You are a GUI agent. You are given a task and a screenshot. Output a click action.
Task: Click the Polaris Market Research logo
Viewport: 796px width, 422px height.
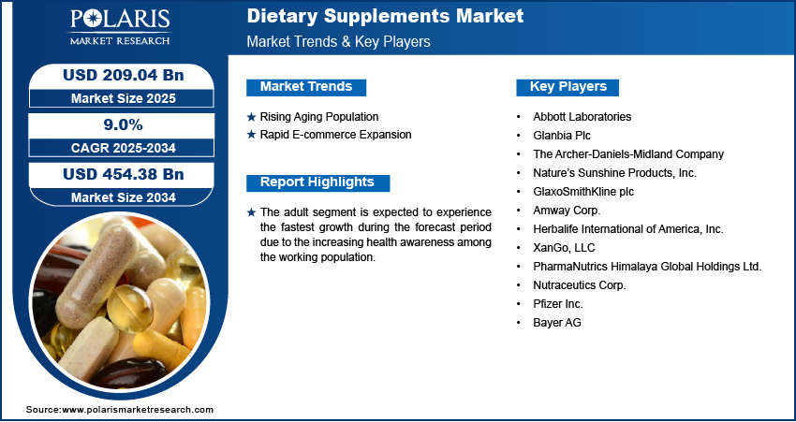coord(120,26)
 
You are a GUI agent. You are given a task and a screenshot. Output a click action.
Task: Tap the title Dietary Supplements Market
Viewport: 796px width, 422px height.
coord(385,16)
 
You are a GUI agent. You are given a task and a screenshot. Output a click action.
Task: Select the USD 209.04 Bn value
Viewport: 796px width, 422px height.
coord(123,75)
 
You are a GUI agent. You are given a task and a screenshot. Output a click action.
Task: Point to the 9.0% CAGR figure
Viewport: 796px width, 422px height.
coord(123,124)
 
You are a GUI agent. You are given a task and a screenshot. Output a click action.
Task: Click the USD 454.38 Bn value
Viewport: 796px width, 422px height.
coord(123,174)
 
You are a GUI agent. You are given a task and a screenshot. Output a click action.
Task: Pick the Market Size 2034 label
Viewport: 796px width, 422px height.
coord(124,197)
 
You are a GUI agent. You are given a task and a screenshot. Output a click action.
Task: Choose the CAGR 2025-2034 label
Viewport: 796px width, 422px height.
coord(124,148)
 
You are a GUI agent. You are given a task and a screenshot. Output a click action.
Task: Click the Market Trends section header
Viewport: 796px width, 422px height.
coord(306,87)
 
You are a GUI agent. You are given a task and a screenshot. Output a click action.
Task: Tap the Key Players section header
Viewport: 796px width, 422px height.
coord(568,87)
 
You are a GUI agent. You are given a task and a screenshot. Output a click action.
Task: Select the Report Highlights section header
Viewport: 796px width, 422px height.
coord(317,182)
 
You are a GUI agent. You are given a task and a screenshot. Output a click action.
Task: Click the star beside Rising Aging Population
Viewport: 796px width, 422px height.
coord(251,117)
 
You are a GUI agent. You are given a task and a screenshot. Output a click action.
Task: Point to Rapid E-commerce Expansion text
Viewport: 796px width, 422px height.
coord(335,135)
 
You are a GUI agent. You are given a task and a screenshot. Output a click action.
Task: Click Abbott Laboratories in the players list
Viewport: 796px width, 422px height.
coord(582,117)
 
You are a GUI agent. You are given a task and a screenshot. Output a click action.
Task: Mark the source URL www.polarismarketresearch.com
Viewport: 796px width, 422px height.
coord(138,410)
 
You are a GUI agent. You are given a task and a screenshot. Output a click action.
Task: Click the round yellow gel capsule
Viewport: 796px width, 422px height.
coord(130,308)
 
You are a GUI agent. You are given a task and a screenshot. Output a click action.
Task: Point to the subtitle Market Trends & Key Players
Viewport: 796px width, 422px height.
coord(339,41)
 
